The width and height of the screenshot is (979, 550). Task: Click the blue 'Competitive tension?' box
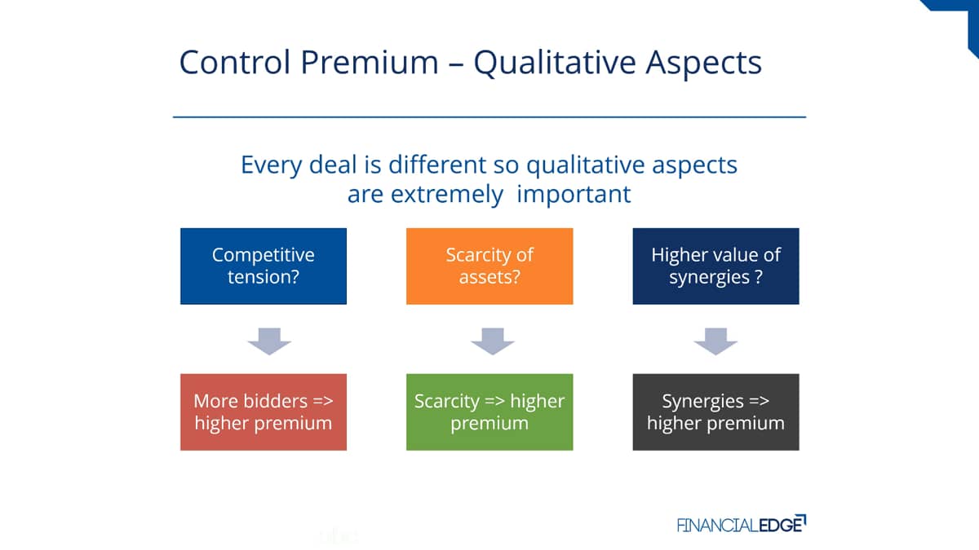[263, 266]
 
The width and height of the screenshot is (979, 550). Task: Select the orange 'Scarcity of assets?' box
[489, 266]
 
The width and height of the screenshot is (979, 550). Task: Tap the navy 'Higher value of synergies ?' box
[716, 266]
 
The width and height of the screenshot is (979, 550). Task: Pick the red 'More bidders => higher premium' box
[263, 411]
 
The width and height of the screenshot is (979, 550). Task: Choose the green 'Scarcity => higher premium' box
[489, 411]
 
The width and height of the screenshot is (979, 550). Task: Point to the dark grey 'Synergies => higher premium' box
[716, 411]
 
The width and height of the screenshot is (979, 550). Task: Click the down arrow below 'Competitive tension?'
[269, 341]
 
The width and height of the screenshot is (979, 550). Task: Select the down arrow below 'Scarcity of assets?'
[493, 341]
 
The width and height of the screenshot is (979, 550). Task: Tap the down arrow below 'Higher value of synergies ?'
[715, 341]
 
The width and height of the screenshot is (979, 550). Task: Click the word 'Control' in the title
[235, 62]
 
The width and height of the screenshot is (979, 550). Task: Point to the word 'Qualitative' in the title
[555, 64]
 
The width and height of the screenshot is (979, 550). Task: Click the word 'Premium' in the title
[370, 62]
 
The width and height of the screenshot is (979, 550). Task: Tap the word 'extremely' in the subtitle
[447, 195]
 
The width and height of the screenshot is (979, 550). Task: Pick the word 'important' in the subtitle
[574, 195]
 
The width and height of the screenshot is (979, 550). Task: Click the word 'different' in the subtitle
[437, 165]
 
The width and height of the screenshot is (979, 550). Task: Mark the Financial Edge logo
[742, 524]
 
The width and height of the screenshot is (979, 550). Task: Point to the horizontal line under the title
[489, 117]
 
